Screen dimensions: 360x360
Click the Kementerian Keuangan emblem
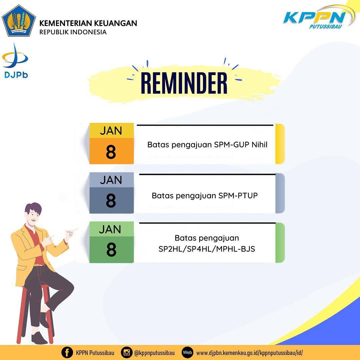coord(19,21)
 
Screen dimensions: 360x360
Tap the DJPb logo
coord(15,61)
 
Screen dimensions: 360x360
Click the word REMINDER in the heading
coord(184,83)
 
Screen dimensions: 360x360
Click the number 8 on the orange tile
coord(111,152)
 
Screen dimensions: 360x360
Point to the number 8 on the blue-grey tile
coord(111,200)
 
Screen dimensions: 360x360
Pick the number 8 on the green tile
coord(111,250)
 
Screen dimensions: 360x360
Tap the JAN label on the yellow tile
coord(111,131)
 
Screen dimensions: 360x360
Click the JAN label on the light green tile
coord(110,229)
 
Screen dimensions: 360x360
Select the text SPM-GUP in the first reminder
coord(232,145)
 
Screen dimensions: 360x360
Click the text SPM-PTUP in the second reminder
coord(238,196)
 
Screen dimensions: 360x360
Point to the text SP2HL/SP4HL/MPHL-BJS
coord(207,249)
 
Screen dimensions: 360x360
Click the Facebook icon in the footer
coord(67,352)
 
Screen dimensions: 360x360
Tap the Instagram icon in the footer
coord(127,352)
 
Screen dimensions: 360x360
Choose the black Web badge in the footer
coord(188,352)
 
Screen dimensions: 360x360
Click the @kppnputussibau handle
coord(155,353)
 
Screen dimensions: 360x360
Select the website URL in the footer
coord(250,353)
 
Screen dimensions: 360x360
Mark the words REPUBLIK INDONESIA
coord(73,32)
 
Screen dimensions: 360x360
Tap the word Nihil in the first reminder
coord(260,145)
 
